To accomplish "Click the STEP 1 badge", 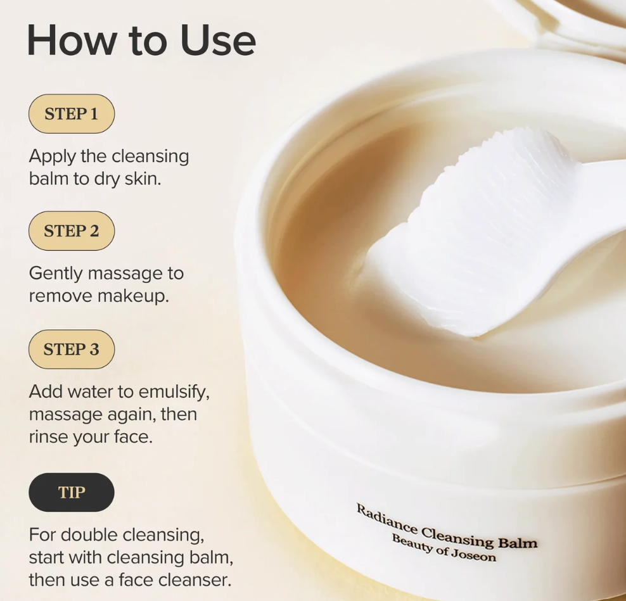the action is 72,114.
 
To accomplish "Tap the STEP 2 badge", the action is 72,231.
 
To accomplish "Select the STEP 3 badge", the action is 72,349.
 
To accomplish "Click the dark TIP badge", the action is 72,493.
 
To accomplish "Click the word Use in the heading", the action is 218,41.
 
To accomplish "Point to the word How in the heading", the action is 72,41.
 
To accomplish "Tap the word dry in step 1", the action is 106,179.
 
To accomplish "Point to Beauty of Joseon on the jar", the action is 444,548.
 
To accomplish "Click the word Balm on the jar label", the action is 518,543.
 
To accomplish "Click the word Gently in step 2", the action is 56,274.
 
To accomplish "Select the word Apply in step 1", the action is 53,157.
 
